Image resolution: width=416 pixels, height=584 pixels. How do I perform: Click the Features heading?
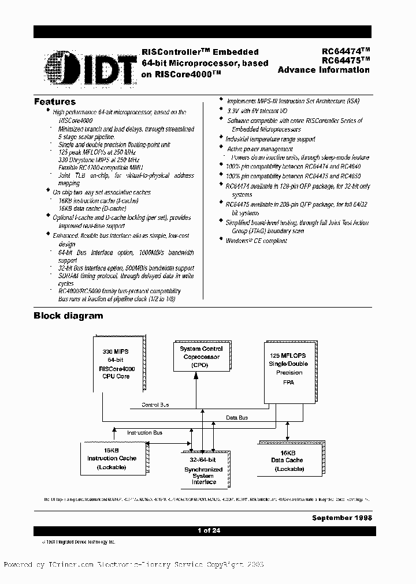point(55,102)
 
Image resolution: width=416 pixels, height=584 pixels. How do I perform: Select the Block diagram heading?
point(68,316)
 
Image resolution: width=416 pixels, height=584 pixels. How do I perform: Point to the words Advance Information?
point(324,70)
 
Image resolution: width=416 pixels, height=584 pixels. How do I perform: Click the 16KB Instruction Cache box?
point(112,458)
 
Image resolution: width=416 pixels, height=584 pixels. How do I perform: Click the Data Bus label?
point(236,417)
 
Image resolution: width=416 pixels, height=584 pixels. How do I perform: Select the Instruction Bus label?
point(144,432)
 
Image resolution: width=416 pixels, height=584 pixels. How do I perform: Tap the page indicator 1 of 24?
point(207,531)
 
